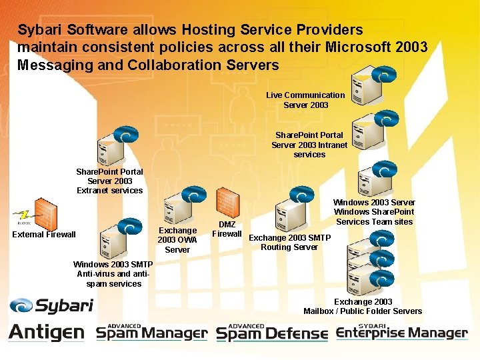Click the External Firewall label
[x=44, y=234]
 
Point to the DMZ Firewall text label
[x=227, y=229]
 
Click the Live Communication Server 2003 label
[x=305, y=100]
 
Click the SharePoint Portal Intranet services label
[x=309, y=145]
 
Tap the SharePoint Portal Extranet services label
[x=109, y=181]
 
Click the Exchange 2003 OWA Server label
[x=177, y=240]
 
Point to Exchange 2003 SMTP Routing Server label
[x=289, y=242]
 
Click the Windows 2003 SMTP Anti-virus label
[x=113, y=274]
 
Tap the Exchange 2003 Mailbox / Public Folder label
[x=363, y=306]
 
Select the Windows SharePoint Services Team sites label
[x=374, y=212]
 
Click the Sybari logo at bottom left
[x=51, y=306]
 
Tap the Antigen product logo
[x=47, y=331]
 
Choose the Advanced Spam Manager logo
[x=152, y=331]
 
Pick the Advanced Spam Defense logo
[x=272, y=331]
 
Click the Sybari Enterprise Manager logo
[x=401, y=331]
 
